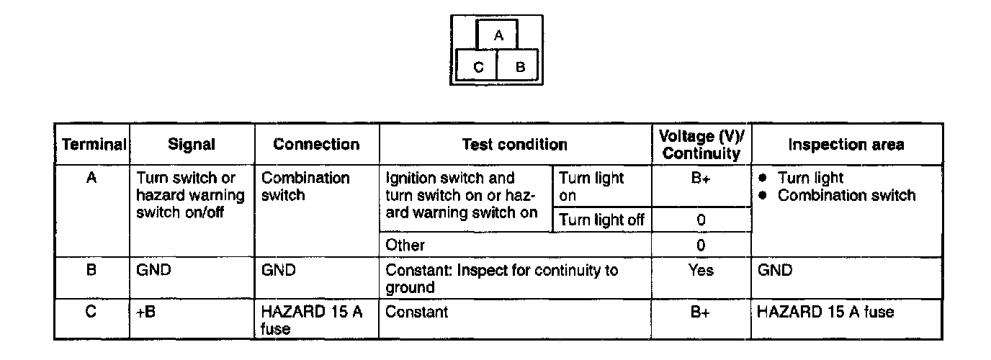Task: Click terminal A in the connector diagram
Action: pos(499,35)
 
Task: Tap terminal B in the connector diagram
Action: pos(521,68)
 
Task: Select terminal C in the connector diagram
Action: pos(478,68)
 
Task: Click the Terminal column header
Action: pos(91,144)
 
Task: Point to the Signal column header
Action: pos(191,144)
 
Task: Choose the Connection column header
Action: pos(316,144)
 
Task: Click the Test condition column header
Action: pos(514,144)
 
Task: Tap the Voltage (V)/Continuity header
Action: pos(701,145)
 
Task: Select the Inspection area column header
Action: pos(846,144)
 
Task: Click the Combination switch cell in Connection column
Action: pos(305,186)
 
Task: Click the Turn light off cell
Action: pos(601,220)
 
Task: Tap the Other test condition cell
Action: pos(405,245)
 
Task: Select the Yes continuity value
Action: pos(701,270)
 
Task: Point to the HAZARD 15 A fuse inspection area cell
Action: pos(826,312)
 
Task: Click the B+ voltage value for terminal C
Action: pos(701,312)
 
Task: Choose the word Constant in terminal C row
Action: pos(417,312)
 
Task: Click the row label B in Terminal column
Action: pos(91,270)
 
